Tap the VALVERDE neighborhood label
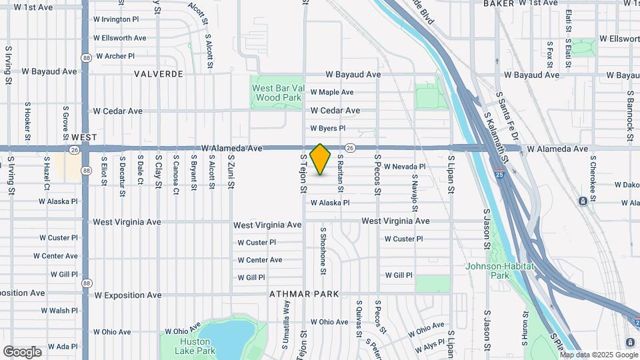point(158,74)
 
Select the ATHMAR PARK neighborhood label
point(304,294)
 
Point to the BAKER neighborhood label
point(499,4)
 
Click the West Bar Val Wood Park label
point(276,92)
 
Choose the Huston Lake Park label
point(197,346)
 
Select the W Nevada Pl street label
point(405,167)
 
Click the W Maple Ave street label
point(331,92)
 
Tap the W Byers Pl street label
point(328,128)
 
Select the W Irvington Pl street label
point(116,20)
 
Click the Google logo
point(22,352)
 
